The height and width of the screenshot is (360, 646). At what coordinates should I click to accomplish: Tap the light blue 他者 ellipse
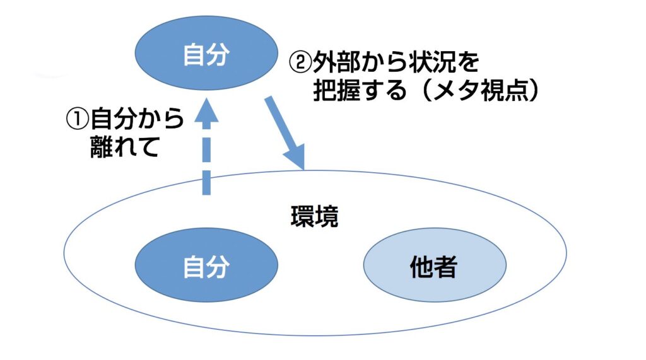click(434, 268)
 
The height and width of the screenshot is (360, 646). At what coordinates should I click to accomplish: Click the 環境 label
click(314, 216)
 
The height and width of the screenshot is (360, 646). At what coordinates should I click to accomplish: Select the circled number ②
click(300, 62)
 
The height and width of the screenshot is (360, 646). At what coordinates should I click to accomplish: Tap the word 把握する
click(360, 91)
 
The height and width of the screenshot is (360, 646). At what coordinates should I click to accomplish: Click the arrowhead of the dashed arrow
click(206, 114)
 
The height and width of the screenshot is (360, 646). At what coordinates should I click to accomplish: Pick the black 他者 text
click(434, 268)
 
